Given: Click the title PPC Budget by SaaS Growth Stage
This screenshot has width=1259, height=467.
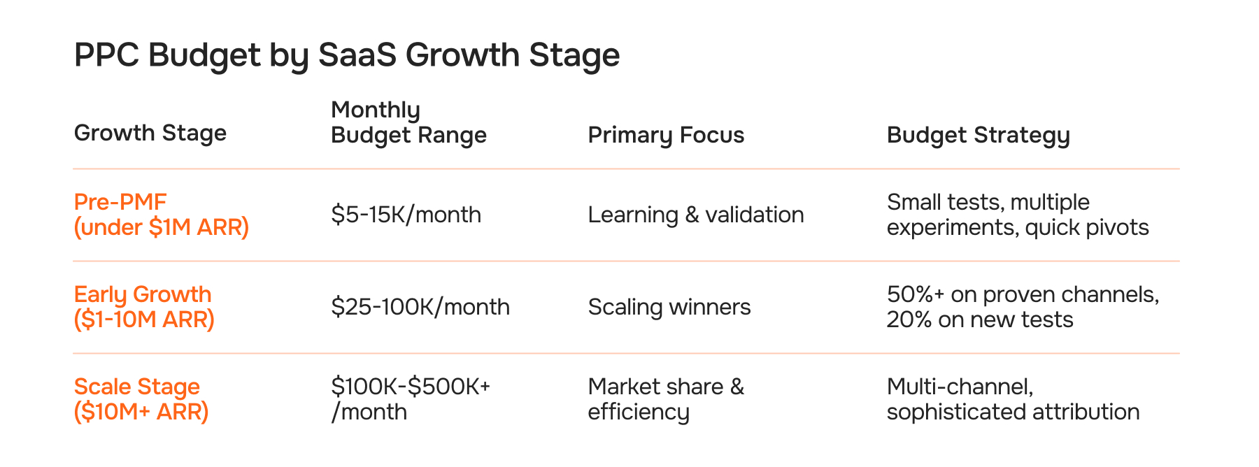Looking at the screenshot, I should (x=346, y=55).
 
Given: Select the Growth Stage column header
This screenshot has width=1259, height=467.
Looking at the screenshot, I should (x=150, y=133).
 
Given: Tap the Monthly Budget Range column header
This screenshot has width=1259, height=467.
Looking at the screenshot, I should (x=408, y=122).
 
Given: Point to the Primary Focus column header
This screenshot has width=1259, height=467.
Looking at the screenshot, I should (x=666, y=135).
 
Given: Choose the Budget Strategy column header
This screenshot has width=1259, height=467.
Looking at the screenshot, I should (x=978, y=135).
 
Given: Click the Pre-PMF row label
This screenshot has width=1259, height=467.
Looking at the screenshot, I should (x=161, y=215).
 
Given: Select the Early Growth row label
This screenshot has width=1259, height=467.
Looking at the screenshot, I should (x=143, y=307).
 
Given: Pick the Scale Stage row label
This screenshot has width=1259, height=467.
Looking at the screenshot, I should (x=141, y=399).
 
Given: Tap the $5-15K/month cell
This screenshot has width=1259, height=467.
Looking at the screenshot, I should (x=406, y=215).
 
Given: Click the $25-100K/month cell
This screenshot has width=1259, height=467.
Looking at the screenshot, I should (x=420, y=307).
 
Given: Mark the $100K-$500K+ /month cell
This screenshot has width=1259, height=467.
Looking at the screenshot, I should (x=411, y=399).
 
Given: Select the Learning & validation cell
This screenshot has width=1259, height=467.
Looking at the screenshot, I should (x=695, y=215).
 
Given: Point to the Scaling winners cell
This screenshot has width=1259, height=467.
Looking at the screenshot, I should (x=669, y=307).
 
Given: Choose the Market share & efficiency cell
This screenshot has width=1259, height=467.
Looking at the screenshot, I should (x=665, y=399).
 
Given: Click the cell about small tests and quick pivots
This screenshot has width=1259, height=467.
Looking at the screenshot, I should (x=1017, y=215).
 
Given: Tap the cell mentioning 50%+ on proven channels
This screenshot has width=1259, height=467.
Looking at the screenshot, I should (x=1022, y=307).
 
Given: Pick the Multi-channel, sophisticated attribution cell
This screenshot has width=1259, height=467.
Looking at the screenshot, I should (x=1012, y=399).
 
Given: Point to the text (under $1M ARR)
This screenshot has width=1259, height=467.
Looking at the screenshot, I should (x=161, y=228).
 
